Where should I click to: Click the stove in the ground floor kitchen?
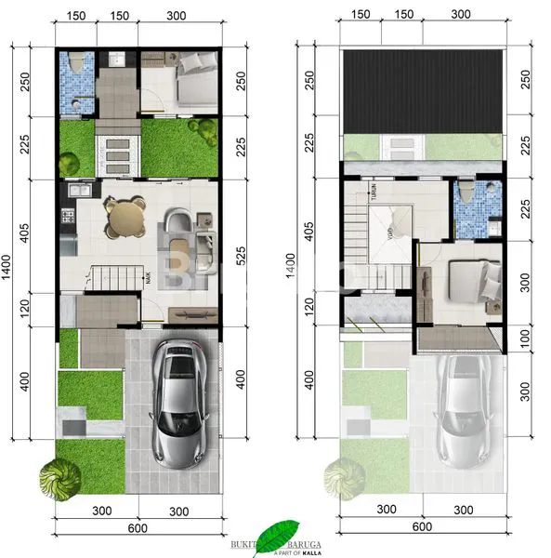click(67, 219)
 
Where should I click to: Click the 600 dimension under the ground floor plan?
click(138, 529)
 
